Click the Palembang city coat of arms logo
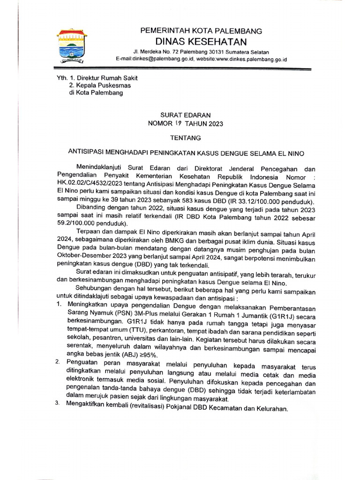pyautogui.click(x=72, y=46)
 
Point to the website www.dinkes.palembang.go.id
pyautogui.click(x=250, y=60)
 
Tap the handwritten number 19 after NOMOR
pyautogui.click(x=178, y=123)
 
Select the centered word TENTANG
pyautogui.click(x=185, y=138)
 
